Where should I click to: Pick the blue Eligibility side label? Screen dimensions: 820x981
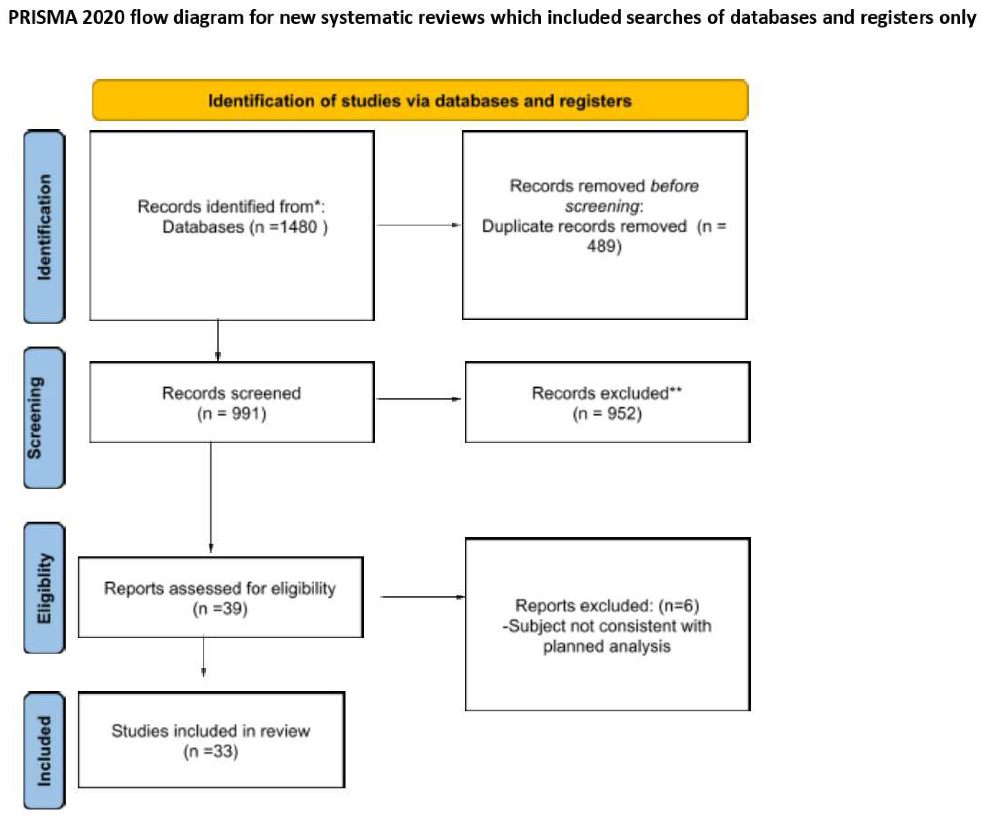44,588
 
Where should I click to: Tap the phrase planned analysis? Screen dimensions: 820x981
606,647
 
